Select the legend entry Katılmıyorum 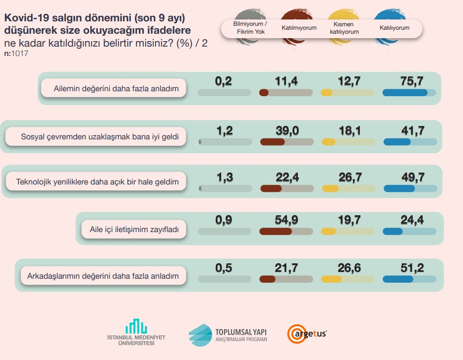(x=299, y=28)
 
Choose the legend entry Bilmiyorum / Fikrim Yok (x=250, y=28)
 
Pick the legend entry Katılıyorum (x=395, y=28)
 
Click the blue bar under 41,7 (x=397, y=142)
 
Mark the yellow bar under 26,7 (x=331, y=188)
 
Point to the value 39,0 (x=286, y=130)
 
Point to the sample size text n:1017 (x=16, y=54)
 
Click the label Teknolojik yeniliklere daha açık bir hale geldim (x=97, y=182)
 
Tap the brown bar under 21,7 (x=268, y=279)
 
